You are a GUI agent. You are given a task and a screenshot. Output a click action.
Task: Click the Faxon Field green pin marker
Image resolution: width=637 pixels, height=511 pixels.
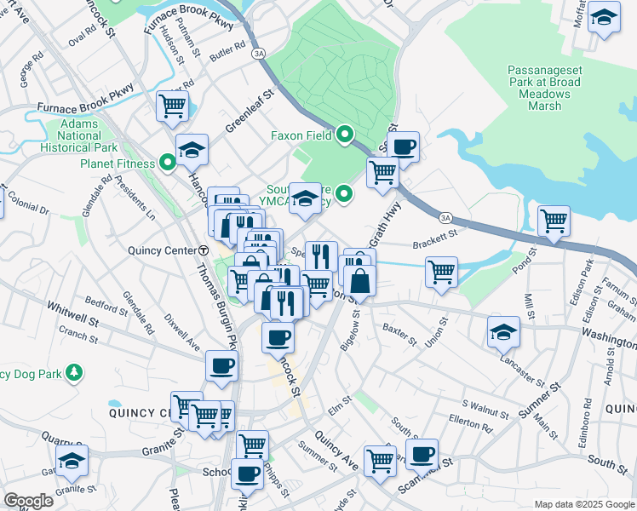345,135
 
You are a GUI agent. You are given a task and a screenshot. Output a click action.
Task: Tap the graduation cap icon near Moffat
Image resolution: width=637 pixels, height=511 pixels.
604,17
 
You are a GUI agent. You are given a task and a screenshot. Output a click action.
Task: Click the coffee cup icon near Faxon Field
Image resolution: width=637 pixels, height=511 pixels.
404,146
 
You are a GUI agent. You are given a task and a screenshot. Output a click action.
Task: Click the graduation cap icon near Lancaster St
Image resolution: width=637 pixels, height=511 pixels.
503,332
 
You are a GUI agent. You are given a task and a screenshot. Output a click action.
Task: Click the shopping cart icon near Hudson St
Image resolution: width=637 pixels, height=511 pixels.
172,106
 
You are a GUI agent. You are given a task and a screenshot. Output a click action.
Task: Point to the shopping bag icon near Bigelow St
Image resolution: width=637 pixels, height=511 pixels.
360,279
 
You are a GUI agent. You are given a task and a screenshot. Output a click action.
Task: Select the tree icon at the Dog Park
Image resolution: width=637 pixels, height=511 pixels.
75,371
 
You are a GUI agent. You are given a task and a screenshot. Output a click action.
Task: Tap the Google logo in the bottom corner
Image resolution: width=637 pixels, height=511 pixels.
27,500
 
